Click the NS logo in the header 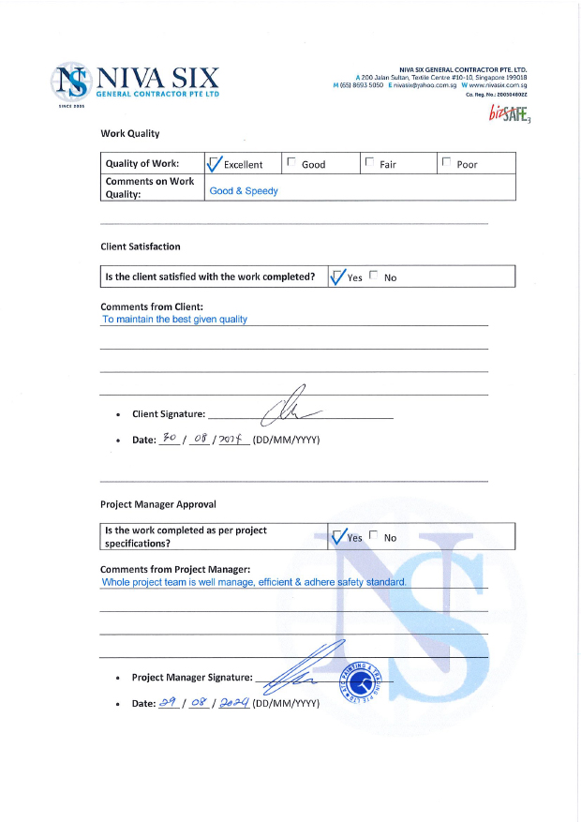71,83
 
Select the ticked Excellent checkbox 214,164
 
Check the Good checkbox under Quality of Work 291,163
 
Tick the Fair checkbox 369,163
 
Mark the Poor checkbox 446,163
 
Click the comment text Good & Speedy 244,190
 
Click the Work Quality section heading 130,134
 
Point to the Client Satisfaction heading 141,247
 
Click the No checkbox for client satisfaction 375,276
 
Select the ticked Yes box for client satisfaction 338,276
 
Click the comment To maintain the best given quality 174,319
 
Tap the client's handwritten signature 292,408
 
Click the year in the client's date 231,438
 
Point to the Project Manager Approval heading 157,504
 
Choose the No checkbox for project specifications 375,536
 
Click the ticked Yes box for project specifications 338,537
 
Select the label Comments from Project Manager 175,569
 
